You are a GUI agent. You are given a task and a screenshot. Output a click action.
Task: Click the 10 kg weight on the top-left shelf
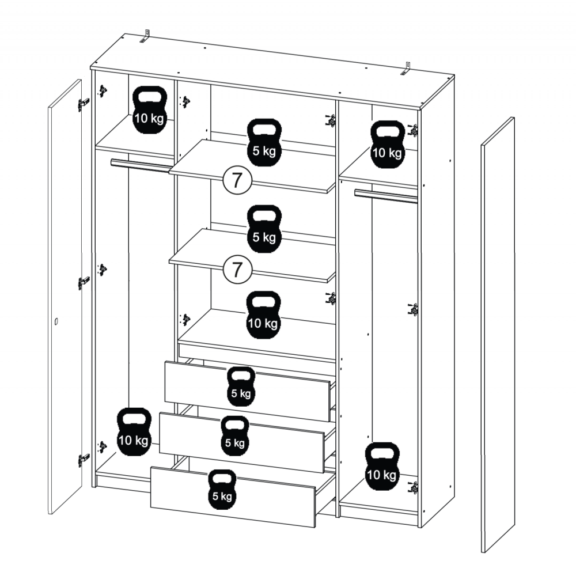point(150,110)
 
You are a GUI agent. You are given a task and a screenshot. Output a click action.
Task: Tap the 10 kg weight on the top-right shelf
point(387,145)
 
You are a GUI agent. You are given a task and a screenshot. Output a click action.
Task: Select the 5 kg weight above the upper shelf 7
point(264,142)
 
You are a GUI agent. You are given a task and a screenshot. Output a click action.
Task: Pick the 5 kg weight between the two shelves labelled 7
point(264,229)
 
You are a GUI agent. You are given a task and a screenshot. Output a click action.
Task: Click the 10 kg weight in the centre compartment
point(263,315)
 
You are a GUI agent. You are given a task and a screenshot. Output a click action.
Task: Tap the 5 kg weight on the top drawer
point(241,386)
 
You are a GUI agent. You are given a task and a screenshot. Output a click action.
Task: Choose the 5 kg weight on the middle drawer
point(235,436)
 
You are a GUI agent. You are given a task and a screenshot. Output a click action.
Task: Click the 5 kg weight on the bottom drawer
point(222,489)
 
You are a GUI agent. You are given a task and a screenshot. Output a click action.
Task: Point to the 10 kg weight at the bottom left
point(134,432)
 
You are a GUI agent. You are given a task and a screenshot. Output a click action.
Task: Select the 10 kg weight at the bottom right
point(382,467)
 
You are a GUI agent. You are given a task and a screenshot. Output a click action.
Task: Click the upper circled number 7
point(237,181)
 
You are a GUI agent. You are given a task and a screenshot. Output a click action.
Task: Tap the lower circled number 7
point(237,270)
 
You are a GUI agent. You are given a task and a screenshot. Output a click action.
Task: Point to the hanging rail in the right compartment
point(386,196)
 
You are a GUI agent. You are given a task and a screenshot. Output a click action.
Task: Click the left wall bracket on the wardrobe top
point(146,36)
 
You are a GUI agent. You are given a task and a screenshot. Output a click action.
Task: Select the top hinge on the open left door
point(84,105)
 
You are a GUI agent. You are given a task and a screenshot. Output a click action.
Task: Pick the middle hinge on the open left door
point(84,283)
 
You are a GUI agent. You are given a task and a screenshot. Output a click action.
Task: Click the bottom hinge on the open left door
point(84,460)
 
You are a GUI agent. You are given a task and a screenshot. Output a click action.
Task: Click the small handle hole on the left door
point(56,322)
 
